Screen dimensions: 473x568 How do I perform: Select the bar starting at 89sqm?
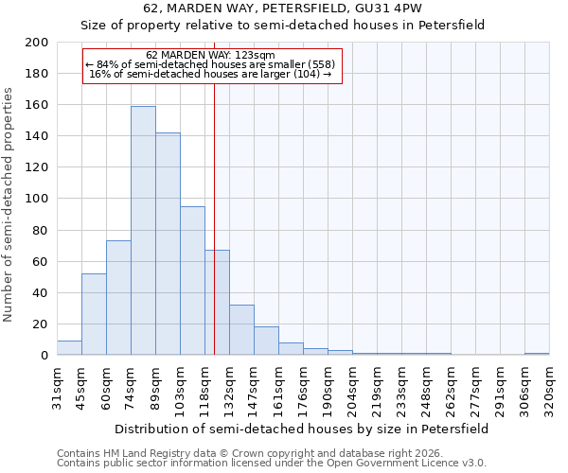(x=168, y=244)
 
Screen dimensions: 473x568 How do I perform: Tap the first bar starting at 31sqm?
(x=69, y=348)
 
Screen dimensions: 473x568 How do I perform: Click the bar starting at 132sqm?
(x=241, y=330)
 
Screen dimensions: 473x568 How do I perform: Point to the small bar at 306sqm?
(x=537, y=354)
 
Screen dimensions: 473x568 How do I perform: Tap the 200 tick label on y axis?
(x=37, y=43)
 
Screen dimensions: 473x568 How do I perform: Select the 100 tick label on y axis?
(x=37, y=199)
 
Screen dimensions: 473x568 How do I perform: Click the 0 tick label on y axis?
(x=44, y=356)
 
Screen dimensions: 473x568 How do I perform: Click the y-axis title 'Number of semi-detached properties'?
(x=9, y=204)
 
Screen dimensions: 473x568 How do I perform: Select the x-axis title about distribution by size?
(x=303, y=429)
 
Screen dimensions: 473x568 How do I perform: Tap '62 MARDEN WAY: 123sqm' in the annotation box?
(x=211, y=55)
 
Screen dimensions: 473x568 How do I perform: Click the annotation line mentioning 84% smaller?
(x=211, y=64)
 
